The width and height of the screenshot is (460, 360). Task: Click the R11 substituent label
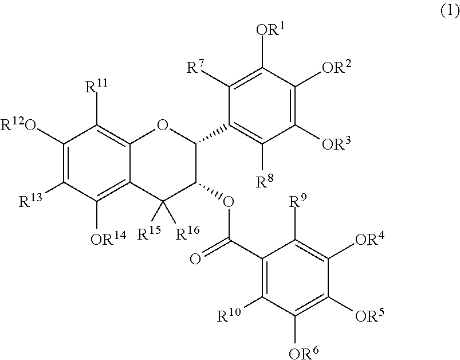tap(96, 89)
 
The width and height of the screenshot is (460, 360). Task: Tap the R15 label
tap(150, 233)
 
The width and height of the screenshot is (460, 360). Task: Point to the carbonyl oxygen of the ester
tap(196, 261)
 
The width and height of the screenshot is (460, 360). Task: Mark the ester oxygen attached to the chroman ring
tap(229, 201)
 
